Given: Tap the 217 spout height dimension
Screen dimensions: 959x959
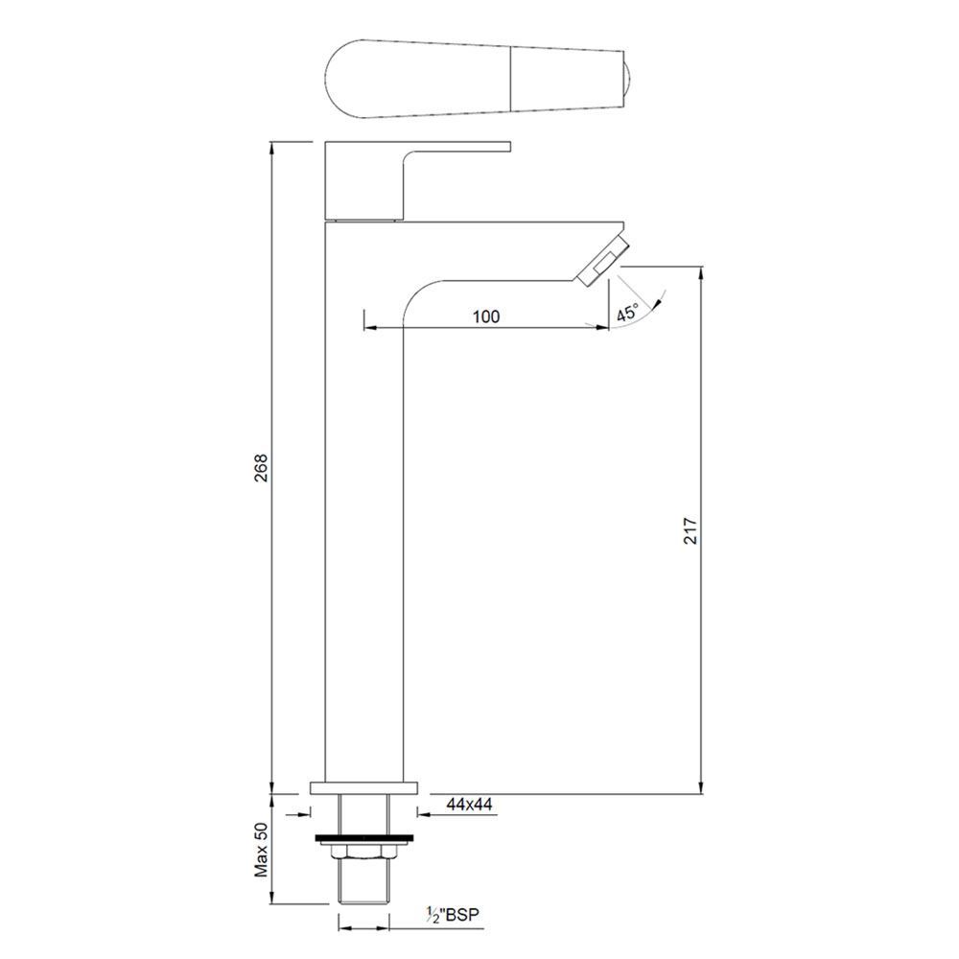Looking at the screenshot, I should [690, 530].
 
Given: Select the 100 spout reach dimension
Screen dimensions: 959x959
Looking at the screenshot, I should [486, 317].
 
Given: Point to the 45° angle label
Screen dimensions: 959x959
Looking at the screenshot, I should [628, 312].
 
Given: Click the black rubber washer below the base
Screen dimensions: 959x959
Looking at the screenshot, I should [364, 841].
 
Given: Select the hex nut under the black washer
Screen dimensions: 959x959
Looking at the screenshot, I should [364, 853].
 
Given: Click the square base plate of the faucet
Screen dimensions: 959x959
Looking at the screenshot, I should [364, 788].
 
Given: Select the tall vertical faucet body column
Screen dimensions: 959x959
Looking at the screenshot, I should [364, 527].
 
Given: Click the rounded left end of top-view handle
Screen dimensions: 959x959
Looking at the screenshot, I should [336, 77].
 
